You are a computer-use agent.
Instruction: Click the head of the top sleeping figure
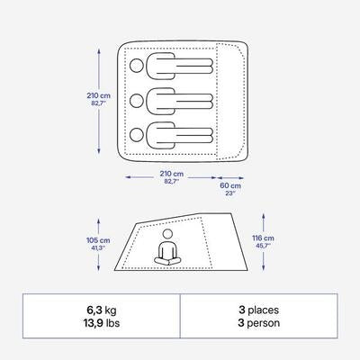point(137,66)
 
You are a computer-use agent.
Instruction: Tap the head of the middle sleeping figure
point(137,101)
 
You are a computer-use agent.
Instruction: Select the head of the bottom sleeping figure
point(137,135)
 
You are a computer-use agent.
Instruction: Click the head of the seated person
point(167,234)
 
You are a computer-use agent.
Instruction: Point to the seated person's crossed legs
point(167,261)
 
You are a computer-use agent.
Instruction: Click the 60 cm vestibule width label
point(230,185)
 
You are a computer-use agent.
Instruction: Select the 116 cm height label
point(263,238)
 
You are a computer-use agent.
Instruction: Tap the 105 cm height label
point(98,240)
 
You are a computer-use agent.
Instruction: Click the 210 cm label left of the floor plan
point(99,95)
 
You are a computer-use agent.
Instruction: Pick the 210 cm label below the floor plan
point(172,174)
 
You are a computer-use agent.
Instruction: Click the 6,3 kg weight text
point(101,310)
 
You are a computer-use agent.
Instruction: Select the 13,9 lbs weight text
point(101,323)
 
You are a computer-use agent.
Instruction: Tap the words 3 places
point(258,310)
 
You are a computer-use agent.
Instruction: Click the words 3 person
point(259,323)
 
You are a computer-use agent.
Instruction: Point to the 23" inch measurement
point(230,193)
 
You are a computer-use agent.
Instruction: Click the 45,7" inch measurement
point(263,246)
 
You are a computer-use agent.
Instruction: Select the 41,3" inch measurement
point(98,247)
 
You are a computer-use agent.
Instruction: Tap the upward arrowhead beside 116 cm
point(264,216)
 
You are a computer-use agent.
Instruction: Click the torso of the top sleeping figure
point(161,66)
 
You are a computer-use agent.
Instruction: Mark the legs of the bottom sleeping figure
point(194,135)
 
